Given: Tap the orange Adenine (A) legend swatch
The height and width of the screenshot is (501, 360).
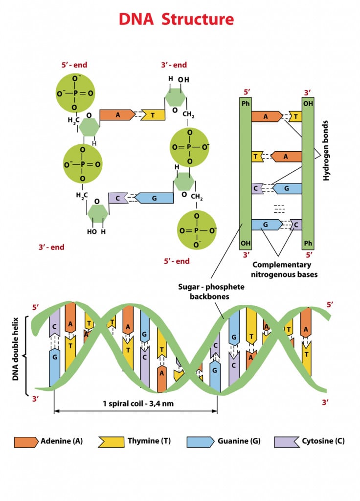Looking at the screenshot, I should coord(26,441).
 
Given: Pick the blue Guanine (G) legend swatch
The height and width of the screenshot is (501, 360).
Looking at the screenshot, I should coord(200,441).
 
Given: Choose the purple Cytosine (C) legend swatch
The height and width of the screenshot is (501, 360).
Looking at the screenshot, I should coord(287,441).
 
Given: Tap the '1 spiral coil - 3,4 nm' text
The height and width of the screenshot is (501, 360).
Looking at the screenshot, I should coord(135,404).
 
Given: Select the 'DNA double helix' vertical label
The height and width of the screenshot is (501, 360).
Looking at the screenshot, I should coord(16,349).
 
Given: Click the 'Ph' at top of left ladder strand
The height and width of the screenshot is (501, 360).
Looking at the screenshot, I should coord(246,104).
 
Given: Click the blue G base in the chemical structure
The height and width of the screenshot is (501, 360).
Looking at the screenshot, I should coord(154,198).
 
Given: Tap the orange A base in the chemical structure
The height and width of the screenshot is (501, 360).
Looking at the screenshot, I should coord(117,115).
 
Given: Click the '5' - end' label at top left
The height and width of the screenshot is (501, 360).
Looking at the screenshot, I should coord(70,65).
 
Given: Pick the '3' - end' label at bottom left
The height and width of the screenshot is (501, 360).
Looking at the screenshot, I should coord(51,247).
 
